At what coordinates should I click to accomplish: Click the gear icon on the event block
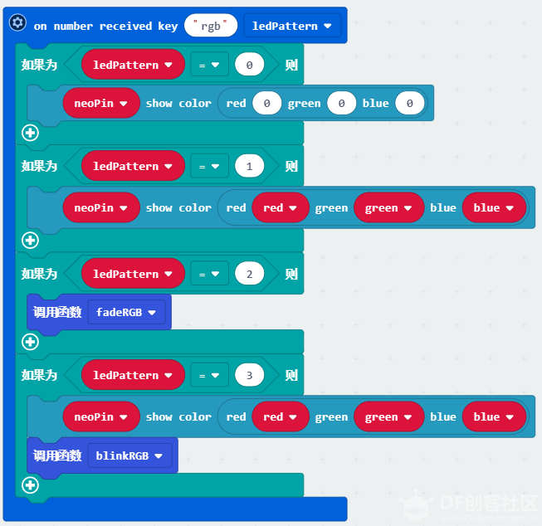pos(17,22)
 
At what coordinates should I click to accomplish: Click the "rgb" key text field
pos(211,26)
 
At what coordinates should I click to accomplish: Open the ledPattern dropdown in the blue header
pos(292,26)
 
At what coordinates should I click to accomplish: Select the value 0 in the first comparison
pos(249,65)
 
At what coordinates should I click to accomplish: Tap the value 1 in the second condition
pos(249,166)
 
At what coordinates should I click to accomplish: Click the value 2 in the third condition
pos(249,274)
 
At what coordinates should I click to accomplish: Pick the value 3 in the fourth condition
pos(249,375)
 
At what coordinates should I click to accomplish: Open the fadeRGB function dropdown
pos(126,312)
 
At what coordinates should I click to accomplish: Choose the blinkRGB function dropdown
pos(129,455)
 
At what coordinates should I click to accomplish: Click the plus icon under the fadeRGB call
pos(30,342)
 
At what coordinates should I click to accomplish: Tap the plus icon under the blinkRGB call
pos(30,485)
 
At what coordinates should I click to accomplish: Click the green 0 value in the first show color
pos(341,103)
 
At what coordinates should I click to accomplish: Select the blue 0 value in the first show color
pos(409,103)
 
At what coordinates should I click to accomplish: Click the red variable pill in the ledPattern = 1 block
pos(281,207)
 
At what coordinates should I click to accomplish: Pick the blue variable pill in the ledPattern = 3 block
pos(494,416)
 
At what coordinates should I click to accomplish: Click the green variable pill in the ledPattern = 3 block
pos(389,416)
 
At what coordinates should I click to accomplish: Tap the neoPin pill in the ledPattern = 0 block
pos(101,103)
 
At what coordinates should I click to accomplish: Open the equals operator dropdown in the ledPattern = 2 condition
pos(209,274)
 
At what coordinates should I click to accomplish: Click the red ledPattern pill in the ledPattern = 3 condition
pos(133,375)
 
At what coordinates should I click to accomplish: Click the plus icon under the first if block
pos(30,133)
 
